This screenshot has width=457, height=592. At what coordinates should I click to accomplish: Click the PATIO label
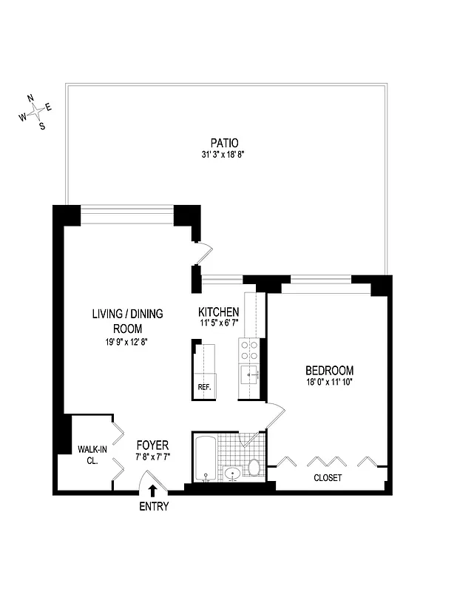(224, 143)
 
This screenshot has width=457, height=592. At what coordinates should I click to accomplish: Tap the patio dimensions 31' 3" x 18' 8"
(224, 155)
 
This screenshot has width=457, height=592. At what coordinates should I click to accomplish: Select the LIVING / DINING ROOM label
(127, 320)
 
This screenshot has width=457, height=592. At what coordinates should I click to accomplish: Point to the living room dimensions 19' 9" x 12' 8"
(127, 342)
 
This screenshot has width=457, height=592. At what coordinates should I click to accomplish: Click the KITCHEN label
(218, 312)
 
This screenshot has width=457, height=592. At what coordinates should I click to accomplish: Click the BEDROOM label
(329, 370)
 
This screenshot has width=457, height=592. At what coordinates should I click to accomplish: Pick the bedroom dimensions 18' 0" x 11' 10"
(329, 382)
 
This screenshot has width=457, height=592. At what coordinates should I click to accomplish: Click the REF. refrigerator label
(203, 387)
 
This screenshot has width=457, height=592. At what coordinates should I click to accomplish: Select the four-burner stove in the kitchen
(248, 349)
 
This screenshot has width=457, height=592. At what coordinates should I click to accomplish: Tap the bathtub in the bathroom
(205, 458)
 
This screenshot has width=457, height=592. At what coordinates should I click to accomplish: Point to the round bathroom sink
(233, 473)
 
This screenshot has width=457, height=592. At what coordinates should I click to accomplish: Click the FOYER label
(152, 445)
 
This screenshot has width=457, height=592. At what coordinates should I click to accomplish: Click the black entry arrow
(152, 489)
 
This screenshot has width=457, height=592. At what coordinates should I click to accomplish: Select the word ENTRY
(153, 507)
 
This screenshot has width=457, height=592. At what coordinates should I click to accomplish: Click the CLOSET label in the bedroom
(327, 478)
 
